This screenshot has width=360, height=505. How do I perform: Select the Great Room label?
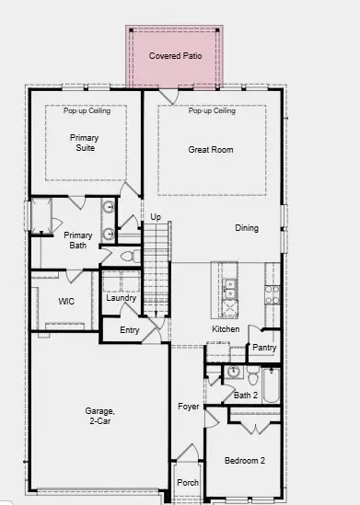coord(211,149)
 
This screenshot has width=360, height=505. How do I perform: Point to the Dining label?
coord(247,228)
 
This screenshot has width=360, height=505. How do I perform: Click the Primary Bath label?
coord(77,240)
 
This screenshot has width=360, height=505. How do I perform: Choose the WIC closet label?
coord(65,301)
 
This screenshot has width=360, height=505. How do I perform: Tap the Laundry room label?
coord(122,298)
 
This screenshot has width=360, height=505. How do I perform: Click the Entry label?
coord(130,330)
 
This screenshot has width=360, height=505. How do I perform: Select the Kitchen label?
coord(226,328)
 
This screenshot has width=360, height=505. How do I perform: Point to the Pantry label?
coord(264,348)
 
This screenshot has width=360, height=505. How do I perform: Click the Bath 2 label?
coord(246,395)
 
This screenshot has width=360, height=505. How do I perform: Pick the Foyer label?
coord(189,406)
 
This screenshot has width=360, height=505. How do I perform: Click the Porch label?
coord(188,482)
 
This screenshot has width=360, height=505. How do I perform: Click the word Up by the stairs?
coord(156,217)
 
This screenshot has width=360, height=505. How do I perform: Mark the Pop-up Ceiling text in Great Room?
coord(212,111)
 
